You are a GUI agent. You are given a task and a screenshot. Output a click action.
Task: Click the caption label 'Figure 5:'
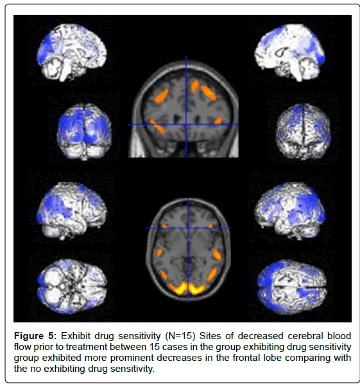[x=35, y=336]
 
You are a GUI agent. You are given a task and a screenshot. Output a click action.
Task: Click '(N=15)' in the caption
[x=180, y=336]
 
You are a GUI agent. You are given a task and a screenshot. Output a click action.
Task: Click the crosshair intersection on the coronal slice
[x=186, y=125]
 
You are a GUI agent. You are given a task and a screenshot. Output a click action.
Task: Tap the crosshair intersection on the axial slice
[x=189, y=228]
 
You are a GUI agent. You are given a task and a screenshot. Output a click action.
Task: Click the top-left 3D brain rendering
[x=72, y=53]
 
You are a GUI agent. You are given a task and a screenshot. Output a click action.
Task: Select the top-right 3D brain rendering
[x=290, y=53]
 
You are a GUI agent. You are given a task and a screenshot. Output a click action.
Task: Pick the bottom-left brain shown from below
[x=72, y=286]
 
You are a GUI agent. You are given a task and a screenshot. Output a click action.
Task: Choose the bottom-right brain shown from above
[x=291, y=287]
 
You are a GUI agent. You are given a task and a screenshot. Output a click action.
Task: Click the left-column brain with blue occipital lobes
[x=84, y=132]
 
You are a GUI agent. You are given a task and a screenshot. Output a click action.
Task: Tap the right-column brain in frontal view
[x=304, y=132]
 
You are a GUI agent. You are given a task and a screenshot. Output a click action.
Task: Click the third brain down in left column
[x=72, y=211]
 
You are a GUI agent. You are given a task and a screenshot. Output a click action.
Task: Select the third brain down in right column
[x=290, y=211]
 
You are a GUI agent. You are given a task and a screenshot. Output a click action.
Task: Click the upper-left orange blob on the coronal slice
[x=162, y=95]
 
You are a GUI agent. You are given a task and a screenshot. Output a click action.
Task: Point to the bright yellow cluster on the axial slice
[x=187, y=289]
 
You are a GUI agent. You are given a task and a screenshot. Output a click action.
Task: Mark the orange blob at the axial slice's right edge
[x=217, y=254]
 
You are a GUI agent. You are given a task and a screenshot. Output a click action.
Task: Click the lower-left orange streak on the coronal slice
[x=157, y=127]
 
